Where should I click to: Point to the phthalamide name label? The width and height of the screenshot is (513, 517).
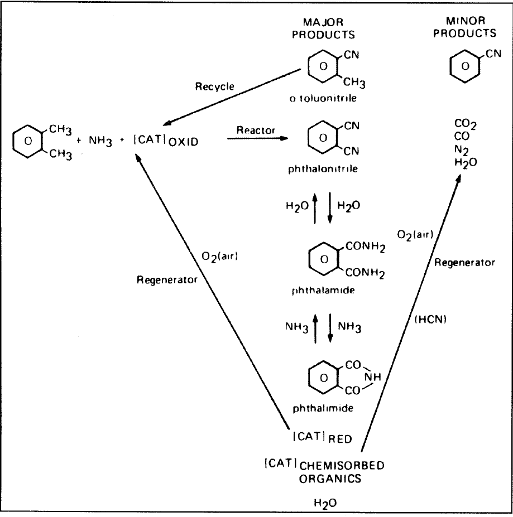pos(332,291)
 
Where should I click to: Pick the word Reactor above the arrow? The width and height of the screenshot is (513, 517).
pos(255,130)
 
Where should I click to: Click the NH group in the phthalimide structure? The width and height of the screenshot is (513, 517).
pos(372,377)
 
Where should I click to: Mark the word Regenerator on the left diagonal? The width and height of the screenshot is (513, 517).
pos(167,279)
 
